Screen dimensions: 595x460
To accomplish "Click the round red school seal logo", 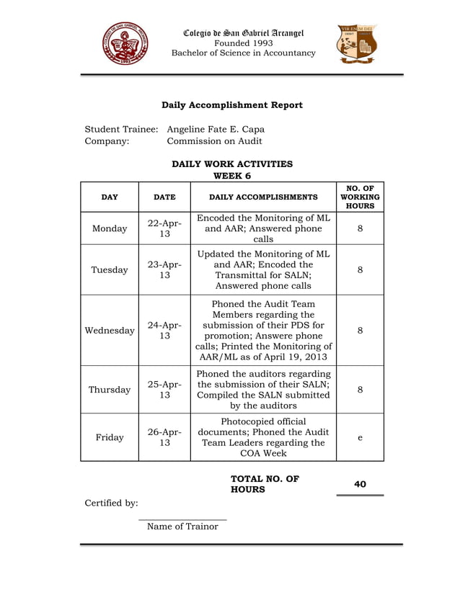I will [x=125, y=44].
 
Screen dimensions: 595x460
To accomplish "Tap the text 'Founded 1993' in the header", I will [x=243, y=42].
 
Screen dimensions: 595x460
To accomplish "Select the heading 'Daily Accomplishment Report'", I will [x=231, y=105].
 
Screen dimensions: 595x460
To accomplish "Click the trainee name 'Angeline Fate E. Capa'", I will [x=216, y=129].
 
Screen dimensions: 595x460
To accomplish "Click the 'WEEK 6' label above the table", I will [x=232, y=175].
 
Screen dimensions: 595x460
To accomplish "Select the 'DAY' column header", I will [x=110, y=197].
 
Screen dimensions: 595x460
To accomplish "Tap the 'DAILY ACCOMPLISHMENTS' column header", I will [x=262, y=197].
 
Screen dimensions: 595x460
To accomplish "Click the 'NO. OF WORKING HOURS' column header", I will [x=359, y=197].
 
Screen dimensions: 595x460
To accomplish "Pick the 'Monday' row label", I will [x=110, y=228].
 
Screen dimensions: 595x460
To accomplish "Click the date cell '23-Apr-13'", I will [x=164, y=270].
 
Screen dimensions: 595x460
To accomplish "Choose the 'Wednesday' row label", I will [x=110, y=331].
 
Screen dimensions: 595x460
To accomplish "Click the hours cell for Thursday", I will [x=359, y=390].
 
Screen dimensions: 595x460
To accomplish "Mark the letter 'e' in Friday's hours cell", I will [x=359, y=437].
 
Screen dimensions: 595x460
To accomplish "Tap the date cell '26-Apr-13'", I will [x=164, y=437].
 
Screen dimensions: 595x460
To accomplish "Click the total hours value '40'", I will [x=360, y=484].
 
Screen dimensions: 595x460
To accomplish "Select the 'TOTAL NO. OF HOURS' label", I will [x=265, y=484].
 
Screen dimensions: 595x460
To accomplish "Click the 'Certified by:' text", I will [x=111, y=503].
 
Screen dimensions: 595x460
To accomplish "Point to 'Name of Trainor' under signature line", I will [x=182, y=527].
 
